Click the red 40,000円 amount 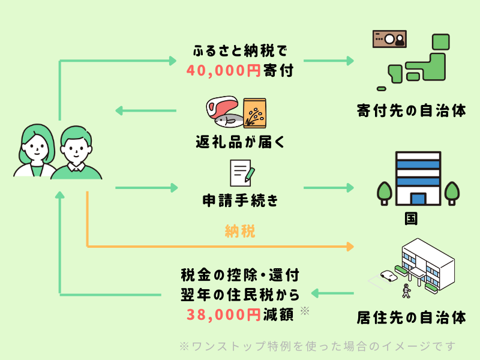[223, 70]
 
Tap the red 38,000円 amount [223, 314]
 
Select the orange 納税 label [240, 231]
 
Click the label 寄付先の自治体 [411, 110]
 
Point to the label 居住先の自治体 [411, 317]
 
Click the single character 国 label [411, 218]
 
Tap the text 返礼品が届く [241, 142]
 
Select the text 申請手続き [241, 201]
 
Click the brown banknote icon [389, 39]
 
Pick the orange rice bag [254, 113]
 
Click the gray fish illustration [229, 121]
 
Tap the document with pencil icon [242, 173]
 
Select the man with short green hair [76, 153]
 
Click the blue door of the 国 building [418, 199]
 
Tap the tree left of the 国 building [385, 193]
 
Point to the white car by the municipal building [389, 275]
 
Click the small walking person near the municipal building [406, 291]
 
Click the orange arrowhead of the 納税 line [350, 246]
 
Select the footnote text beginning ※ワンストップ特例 [317, 346]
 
